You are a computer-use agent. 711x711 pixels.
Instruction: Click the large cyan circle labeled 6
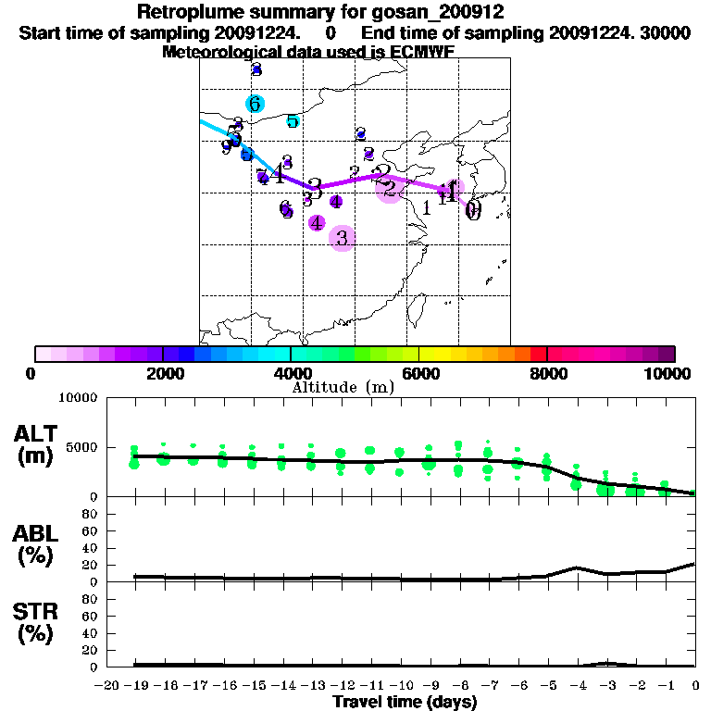coord(255,104)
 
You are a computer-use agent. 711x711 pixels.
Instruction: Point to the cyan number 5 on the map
coord(293,121)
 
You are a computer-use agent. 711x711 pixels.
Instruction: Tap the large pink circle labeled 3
coord(343,238)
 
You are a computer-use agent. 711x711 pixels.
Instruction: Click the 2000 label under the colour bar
coord(162,373)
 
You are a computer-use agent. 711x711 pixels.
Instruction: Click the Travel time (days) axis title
coord(405,703)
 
